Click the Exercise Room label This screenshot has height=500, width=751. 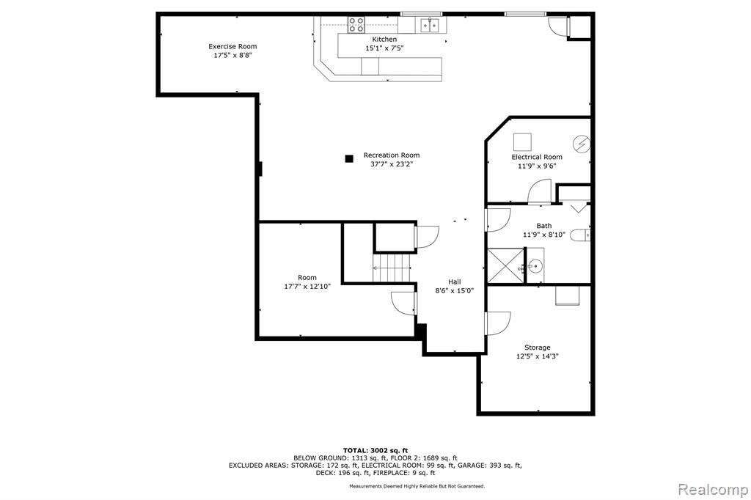click(x=232, y=46)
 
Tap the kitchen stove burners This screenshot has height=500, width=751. click(x=356, y=24)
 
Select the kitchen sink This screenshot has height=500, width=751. click(x=429, y=24)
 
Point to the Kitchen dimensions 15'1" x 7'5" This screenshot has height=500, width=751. click(x=384, y=48)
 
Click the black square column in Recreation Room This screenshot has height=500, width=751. click(x=349, y=158)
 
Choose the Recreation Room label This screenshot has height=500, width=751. click(x=392, y=155)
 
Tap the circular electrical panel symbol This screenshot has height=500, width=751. click(x=582, y=144)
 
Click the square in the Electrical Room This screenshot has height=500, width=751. click(x=522, y=142)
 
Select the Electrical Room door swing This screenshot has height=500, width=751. click(x=540, y=192)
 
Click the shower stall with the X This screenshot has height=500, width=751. click(x=505, y=266)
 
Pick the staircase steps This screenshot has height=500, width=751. click(x=392, y=268)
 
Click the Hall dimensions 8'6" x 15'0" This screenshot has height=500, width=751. click(x=455, y=290)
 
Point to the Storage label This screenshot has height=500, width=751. click(x=538, y=348)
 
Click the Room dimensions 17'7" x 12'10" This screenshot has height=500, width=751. click(x=307, y=287)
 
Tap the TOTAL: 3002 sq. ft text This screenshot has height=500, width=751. click(x=375, y=450)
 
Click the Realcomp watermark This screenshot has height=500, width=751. click(x=713, y=490)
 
